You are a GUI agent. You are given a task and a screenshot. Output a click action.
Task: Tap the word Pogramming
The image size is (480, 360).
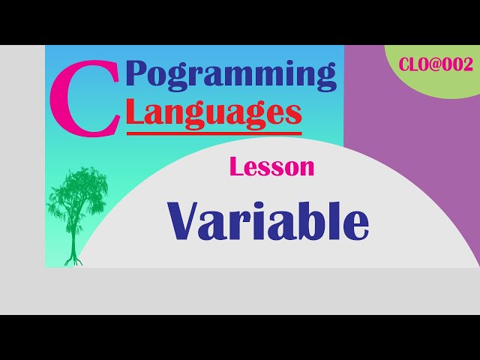coord(231,75)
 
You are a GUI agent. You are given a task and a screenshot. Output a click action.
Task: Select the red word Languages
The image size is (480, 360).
coord(214,112)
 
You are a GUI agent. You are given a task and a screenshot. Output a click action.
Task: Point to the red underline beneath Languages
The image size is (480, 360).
coord(214,133)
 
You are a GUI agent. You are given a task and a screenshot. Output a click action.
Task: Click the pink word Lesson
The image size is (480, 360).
coord(271,167)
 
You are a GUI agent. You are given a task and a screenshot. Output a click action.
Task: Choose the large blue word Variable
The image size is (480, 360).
coord(268,220)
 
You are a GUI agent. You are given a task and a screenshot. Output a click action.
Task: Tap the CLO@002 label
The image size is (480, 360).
coord(436,65)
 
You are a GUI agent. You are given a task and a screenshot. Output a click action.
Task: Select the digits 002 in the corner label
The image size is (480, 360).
coord(460,65)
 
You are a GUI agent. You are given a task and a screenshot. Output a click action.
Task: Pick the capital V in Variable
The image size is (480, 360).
coord(185,220)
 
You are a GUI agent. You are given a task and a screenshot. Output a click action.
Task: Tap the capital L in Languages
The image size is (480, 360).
coord(136,112)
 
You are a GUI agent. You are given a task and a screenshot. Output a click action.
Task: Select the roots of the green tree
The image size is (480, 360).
coord(73,259)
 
